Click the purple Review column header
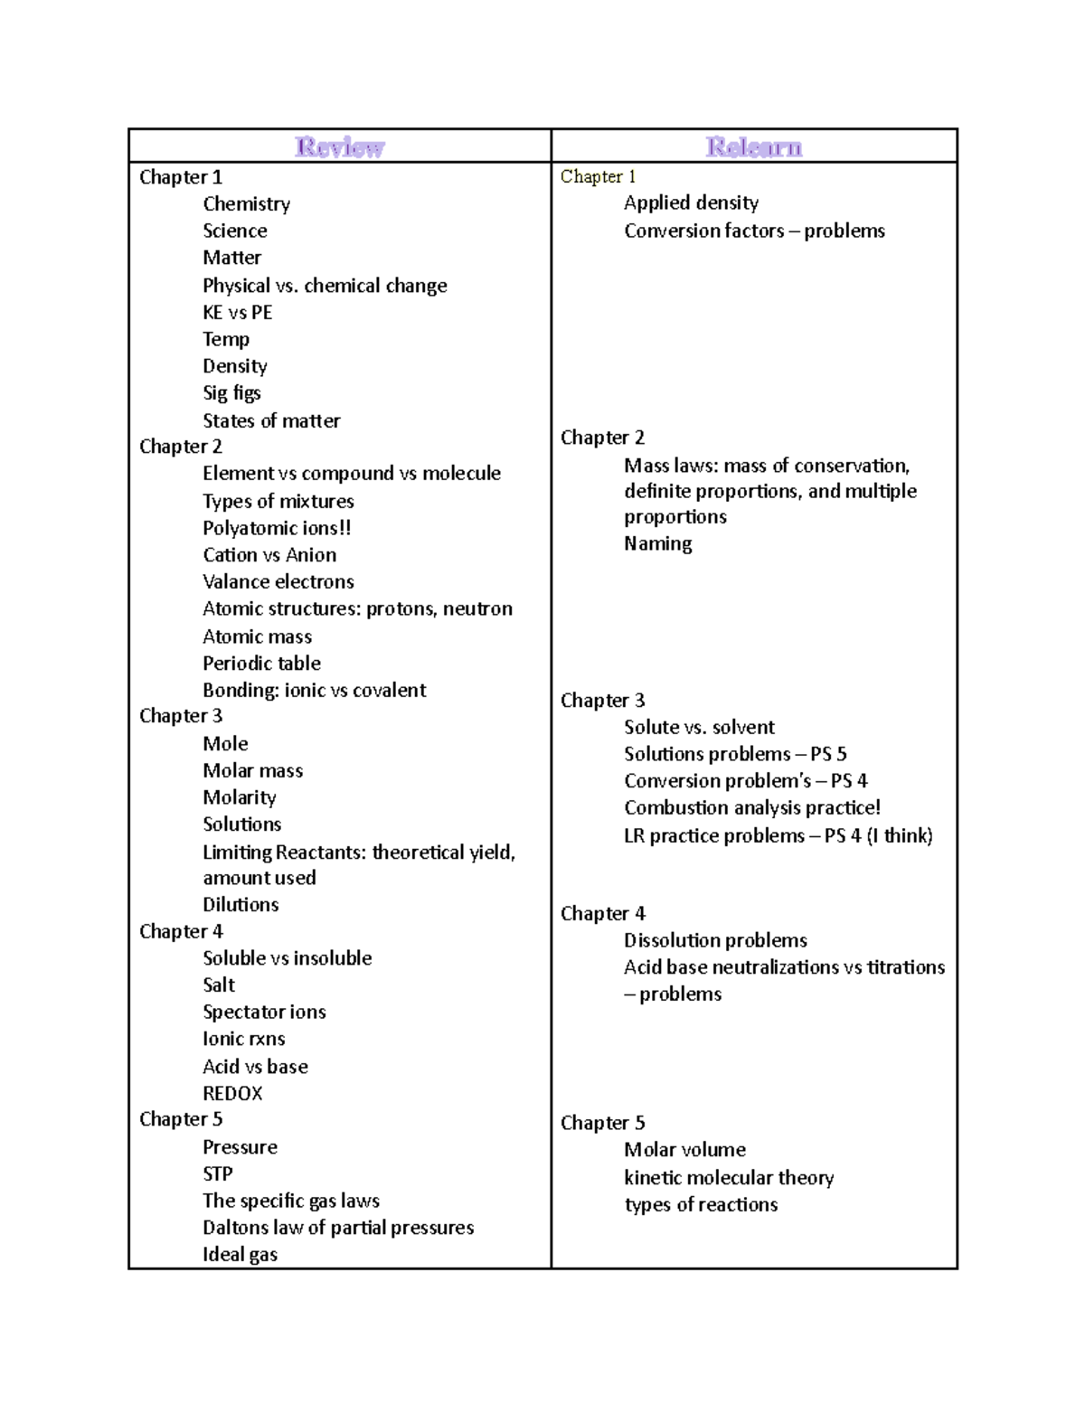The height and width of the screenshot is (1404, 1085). click(340, 146)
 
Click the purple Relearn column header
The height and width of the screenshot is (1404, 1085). click(753, 146)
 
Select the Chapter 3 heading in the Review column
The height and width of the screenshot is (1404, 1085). click(181, 716)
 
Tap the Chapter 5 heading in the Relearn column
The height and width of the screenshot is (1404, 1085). click(602, 1123)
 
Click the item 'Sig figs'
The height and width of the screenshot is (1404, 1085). click(231, 393)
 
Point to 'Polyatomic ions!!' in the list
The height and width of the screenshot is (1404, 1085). click(277, 528)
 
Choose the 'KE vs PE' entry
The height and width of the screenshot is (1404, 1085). click(237, 313)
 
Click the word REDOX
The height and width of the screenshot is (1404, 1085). click(232, 1093)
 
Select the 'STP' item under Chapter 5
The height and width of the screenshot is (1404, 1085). click(217, 1173)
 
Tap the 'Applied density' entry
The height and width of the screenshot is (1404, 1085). click(691, 203)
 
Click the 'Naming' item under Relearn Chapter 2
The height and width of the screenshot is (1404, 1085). click(657, 543)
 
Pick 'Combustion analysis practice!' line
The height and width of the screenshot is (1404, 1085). click(751, 807)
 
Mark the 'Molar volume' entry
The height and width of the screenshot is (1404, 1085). click(684, 1150)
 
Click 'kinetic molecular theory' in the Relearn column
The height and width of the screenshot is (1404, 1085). click(729, 1177)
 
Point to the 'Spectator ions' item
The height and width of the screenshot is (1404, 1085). click(264, 1012)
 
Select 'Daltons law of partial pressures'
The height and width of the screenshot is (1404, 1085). click(338, 1228)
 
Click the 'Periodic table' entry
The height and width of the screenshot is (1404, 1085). click(261, 663)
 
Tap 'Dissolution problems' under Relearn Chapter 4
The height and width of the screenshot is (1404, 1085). click(715, 940)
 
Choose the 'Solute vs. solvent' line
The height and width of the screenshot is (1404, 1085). click(699, 727)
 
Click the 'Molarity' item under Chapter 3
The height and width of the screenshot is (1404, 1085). click(240, 797)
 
